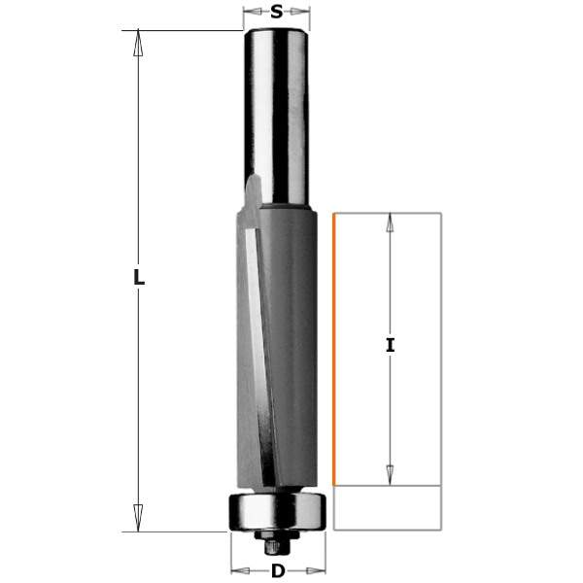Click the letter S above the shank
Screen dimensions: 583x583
tap(277, 13)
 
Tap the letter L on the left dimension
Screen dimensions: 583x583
tap(139, 278)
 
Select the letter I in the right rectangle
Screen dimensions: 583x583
tap(390, 345)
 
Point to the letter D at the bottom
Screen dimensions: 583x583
tap(278, 571)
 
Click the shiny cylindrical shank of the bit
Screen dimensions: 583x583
tap(277, 107)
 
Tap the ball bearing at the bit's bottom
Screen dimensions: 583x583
tap(277, 511)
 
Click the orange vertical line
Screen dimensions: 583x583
tap(334, 350)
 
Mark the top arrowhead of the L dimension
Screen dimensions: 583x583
tap(139, 42)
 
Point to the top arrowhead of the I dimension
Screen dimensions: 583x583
tap(390, 223)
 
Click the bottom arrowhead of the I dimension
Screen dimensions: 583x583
tap(390, 473)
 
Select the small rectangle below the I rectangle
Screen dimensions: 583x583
tap(387, 507)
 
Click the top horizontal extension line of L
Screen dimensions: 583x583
tap(185, 30)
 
